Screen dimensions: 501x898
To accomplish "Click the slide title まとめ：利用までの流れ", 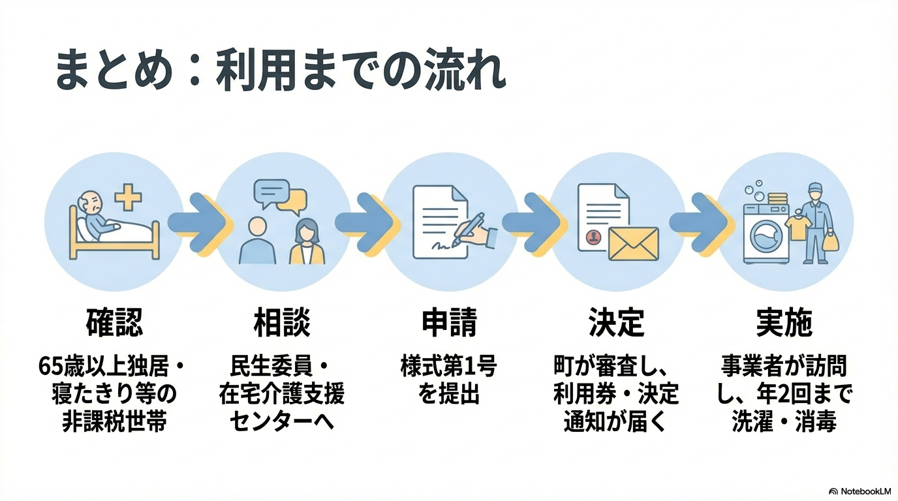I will click(280, 72).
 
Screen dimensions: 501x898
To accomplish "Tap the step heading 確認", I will click(114, 322).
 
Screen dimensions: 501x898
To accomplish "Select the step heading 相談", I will click(282, 322).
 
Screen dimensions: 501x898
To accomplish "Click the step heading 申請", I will click(449, 322).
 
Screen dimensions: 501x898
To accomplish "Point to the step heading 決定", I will click(616, 322).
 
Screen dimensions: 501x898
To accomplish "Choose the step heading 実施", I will click(784, 322).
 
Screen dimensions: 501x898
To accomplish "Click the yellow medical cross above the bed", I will click(128, 196).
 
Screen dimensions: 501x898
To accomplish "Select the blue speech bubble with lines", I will click(271, 192).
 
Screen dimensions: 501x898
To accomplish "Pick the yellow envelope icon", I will click(633, 243).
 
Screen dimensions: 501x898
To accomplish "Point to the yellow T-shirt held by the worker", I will click(797, 226).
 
